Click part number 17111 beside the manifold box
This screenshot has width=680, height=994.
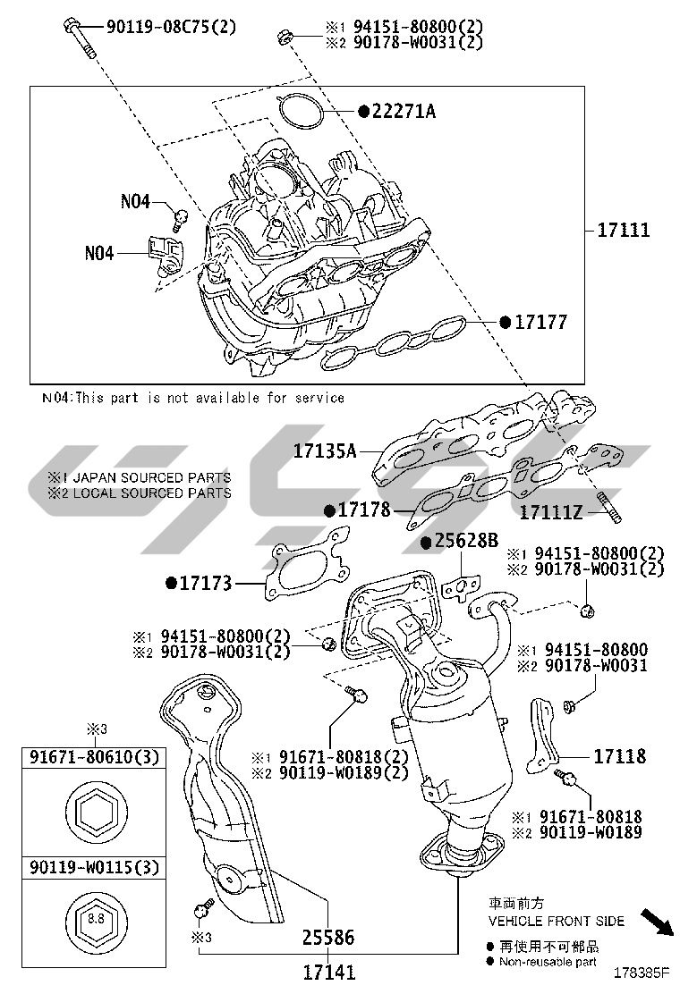(x=624, y=231)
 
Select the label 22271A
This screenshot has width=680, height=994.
(x=404, y=112)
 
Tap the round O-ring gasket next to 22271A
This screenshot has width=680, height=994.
(x=302, y=111)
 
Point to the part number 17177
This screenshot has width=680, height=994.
(x=540, y=322)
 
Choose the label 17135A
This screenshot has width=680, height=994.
(x=325, y=451)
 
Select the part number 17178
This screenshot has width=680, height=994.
(x=364, y=510)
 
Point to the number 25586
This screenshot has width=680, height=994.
(x=327, y=939)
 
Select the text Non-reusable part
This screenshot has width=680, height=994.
(x=548, y=962)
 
